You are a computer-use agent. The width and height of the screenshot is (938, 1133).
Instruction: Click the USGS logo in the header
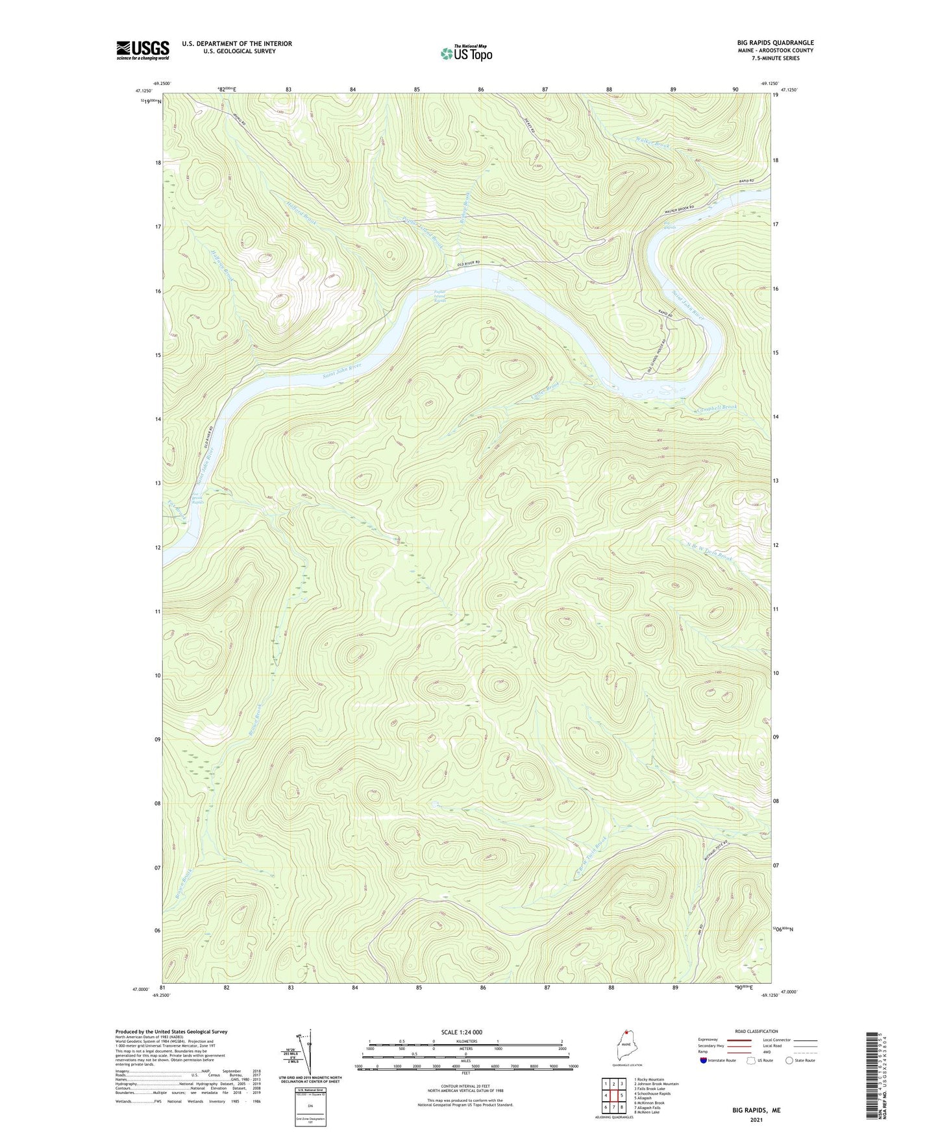click(143, 49)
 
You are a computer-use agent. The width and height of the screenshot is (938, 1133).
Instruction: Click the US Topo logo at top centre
click(466, 53)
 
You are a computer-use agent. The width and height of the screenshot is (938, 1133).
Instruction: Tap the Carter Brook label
click(545, 391)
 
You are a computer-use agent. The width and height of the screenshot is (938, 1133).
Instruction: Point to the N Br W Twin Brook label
click(709, 551)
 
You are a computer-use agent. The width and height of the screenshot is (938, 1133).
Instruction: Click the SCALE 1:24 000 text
click(462, 1032)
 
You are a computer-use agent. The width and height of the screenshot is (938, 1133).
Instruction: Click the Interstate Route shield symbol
click(704, 1060)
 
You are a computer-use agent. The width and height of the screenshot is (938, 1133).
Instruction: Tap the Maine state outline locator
click(623, 1047)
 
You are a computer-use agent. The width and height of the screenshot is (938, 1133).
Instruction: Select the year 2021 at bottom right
click(756, 1119)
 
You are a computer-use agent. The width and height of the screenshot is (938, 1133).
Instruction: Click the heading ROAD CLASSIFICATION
click(756, 1031)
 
